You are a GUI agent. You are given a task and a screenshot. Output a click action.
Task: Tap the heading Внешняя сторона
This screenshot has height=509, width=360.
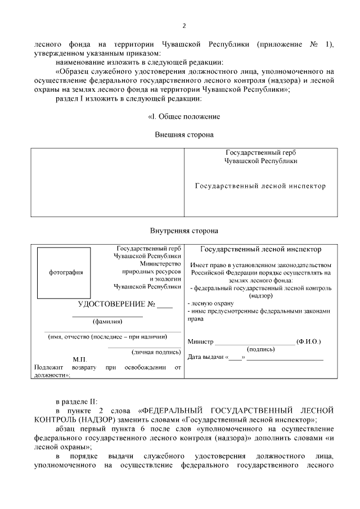point(183,134)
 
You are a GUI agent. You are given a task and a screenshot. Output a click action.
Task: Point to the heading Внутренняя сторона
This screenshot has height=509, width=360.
point(183,231)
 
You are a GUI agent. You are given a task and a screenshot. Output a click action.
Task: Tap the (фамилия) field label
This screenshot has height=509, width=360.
point(107,322)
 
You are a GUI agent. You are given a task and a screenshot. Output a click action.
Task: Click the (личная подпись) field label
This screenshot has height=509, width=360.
point(156,352)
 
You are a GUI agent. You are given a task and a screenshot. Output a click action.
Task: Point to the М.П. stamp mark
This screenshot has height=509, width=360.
point(79,359)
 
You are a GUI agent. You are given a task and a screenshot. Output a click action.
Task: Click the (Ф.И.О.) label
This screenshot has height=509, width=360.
point(309,342)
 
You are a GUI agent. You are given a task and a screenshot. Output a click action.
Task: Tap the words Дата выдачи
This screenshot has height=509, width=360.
point(205,357)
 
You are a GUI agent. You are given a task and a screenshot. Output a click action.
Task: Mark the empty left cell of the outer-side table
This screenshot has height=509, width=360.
point(107,182)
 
